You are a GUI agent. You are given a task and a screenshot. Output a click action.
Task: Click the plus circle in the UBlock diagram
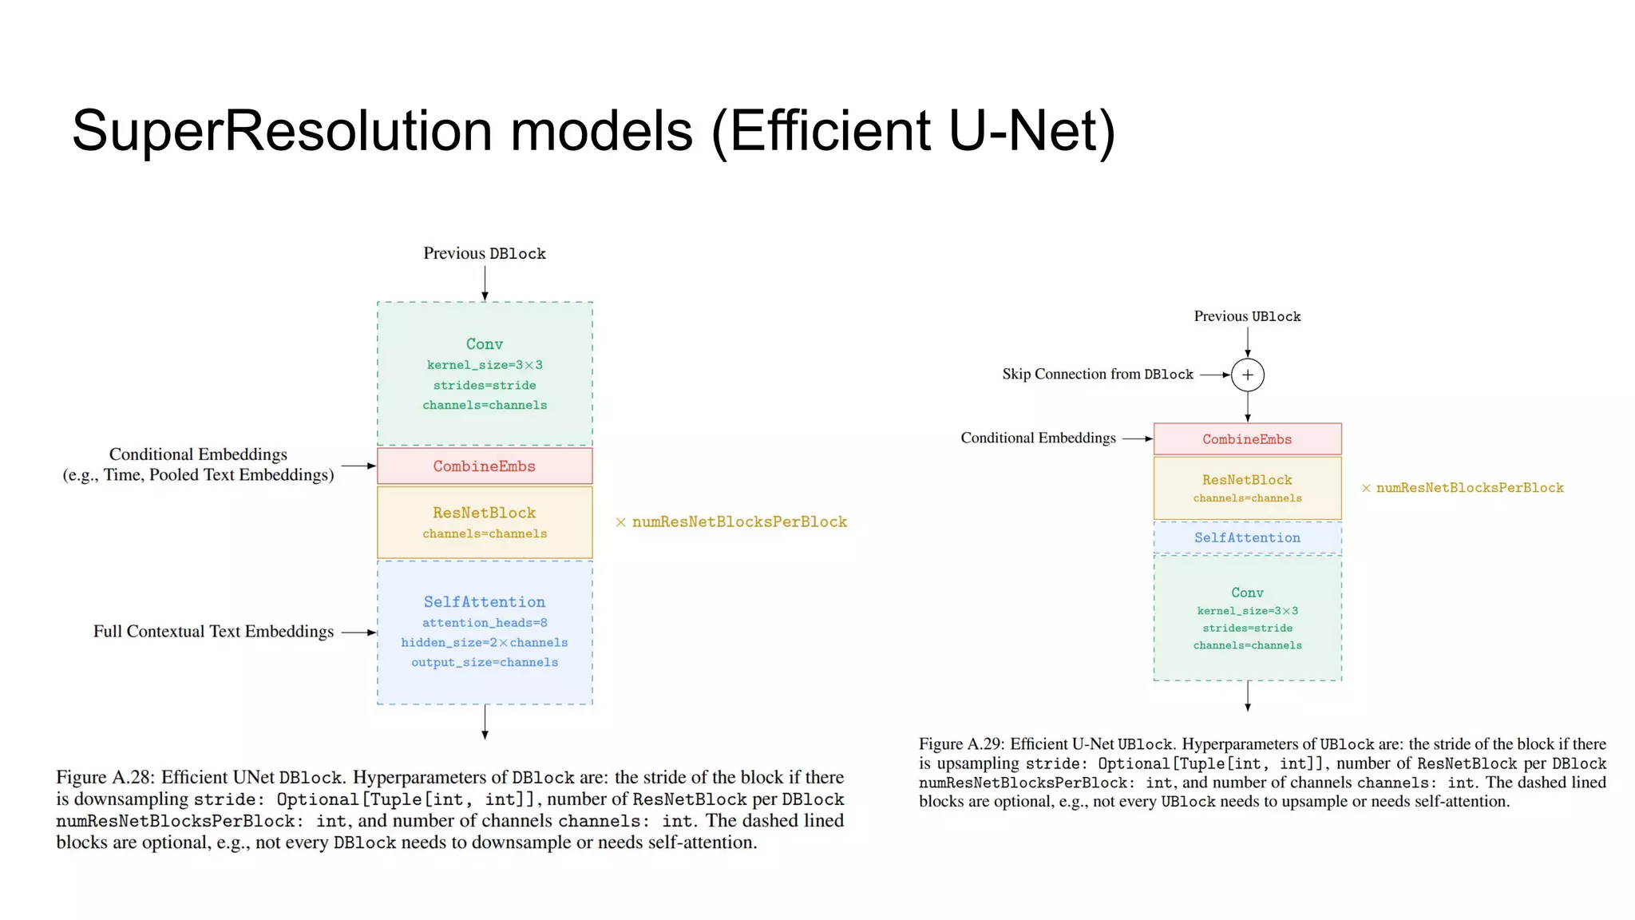[x=1247, y=375]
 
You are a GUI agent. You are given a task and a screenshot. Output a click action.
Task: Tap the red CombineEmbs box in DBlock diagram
[x=485, y=466]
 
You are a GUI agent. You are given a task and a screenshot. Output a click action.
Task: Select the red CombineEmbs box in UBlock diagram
[x=1247, y=439]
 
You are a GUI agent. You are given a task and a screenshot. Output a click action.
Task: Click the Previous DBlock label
[x=485, y=254]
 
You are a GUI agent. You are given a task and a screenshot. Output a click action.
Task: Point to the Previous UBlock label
[x=1247, y=316]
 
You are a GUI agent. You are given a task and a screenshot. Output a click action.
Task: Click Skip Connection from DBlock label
[x=1097, y=375]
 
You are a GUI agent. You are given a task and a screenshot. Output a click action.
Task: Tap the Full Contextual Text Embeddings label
[x=213, y=632]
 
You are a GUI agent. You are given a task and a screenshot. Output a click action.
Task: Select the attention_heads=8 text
[x=485, y=623]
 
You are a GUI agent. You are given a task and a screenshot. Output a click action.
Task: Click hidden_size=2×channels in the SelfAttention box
[x=485, y=643]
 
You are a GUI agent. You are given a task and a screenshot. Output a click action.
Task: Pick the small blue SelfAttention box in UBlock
[x=1247, y=538]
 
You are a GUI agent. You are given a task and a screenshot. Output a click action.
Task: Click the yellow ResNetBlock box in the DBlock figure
[x=485, y=521]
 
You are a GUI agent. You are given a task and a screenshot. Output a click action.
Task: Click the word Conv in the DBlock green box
[x=485, y=344]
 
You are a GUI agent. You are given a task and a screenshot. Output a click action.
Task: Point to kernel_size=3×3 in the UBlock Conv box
[x=1247, y=611]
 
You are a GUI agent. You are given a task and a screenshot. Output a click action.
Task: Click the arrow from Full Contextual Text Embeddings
[x=358, y=632]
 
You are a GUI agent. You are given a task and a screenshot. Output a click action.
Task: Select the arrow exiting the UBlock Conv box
[x=1248, y=696]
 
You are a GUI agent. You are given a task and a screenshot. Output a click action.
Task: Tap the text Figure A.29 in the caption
[x=961, y=744]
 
